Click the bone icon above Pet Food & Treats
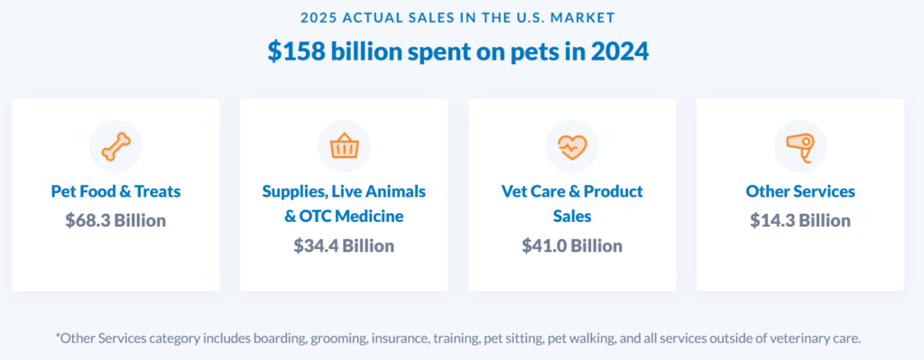pos(115,145)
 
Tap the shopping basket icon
pos(344,145)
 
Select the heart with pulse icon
pos(572,145)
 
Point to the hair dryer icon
pos(800,145)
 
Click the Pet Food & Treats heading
pos(115,191)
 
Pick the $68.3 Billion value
pos(115,220)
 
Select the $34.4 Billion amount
pos(344,245)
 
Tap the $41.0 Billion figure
pos(572,245)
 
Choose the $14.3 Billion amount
pos(800,220)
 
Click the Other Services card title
pos(800,191)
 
